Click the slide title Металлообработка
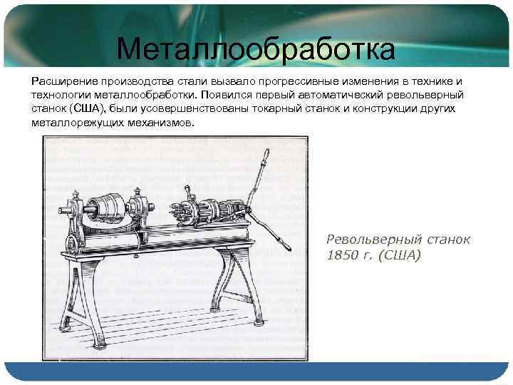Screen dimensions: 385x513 pyautogui.click(x=256, y=49)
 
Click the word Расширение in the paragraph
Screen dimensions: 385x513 pyautogui.click(x=62, y=81)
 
